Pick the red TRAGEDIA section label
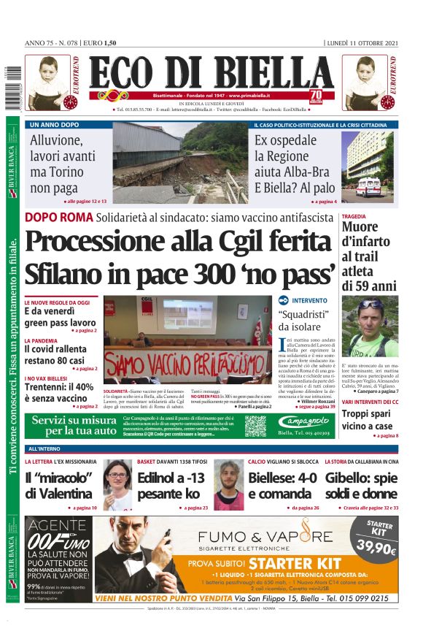pyautogui.click(x=354, y=216)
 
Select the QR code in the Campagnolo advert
pyautogui.click(x=255, y=425)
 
